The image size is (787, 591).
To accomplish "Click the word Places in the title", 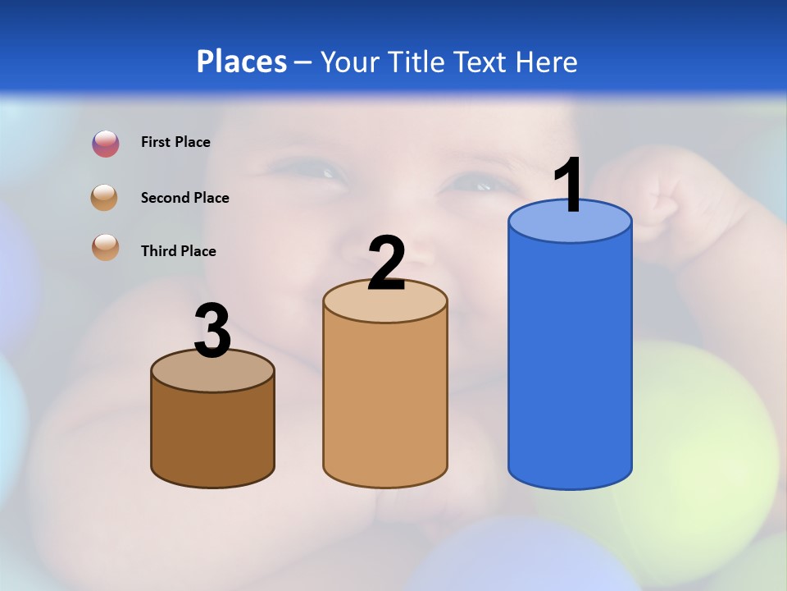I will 241,62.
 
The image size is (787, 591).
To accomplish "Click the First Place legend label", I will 175,142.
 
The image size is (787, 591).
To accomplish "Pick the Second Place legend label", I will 184,198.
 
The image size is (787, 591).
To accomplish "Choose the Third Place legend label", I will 178,251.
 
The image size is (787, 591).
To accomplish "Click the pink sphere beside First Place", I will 106,144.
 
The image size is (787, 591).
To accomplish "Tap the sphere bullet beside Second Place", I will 105,198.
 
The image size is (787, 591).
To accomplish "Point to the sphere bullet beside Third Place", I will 106,247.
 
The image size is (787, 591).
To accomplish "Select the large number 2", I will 386,263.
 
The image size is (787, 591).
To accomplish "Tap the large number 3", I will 212,331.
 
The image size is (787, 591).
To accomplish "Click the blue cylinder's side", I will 570,361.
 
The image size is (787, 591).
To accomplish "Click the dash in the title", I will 303,62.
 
